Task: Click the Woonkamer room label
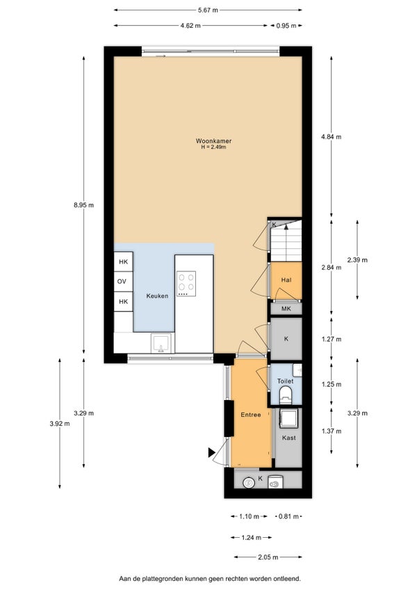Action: click(213, 141)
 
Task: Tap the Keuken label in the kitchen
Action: click(157, 296)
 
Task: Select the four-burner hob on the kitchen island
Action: click(186, 284)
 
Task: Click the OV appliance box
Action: click(123, 282)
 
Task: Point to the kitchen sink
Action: click(161, 343)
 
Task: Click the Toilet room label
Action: click(286, 381)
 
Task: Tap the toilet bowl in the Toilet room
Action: click(286, 394)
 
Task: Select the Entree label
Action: click(251, 415)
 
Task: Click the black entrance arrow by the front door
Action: click(212, 453)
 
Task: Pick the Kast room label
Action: click(289, 438)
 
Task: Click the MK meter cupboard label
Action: click(286, 309)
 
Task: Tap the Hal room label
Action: click(286, 280)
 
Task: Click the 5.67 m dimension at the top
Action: click(208, 10)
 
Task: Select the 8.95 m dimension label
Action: click(84, 205)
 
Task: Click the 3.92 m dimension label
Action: click(59, 423)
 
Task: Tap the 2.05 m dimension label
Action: click(268, 557)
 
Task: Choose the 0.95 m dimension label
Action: click(286, 26)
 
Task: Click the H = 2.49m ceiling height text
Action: click(213, 147)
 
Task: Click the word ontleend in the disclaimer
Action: click(289, 578)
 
